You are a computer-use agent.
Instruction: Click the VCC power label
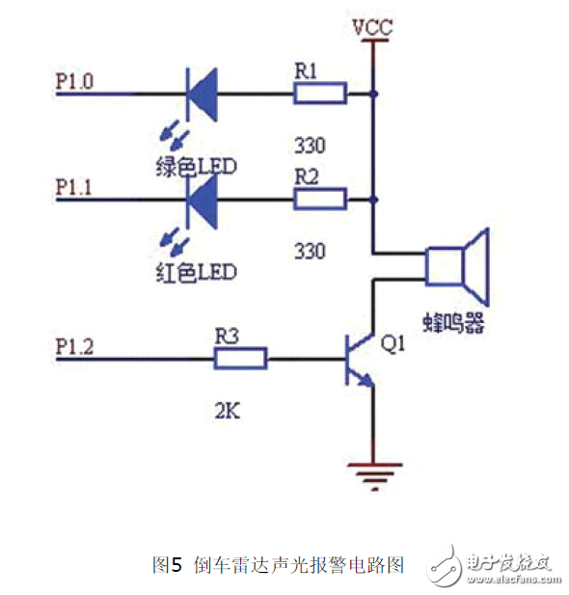pos(371,27)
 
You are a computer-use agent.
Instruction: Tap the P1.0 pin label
pos(75,81)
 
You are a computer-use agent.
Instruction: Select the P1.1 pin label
pos(75,188)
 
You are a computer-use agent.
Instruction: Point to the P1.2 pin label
pos(75,346)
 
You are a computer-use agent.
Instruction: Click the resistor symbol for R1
pos(321,94)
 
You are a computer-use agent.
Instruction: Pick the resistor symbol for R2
pos(321,200)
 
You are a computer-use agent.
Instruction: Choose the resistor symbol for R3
pos(240,359)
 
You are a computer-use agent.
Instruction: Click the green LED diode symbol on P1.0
pos(201,94)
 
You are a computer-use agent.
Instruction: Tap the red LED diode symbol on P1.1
pos(201,200)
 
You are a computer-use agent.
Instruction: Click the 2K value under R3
pos(228,414)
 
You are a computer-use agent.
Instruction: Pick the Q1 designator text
pos(395,341)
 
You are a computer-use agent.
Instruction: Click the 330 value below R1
pos(309,146)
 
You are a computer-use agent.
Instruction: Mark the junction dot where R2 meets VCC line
pos(372,200)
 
